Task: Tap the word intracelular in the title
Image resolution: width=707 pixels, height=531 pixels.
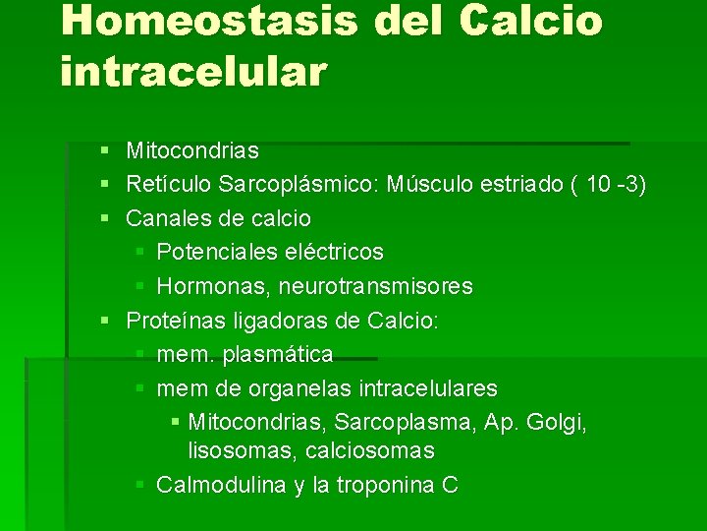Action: click(x=192, y=72)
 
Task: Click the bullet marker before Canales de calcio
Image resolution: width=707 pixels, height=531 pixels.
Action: click(x=104, y=218)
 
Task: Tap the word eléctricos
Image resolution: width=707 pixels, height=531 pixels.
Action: click(x=334, y=253)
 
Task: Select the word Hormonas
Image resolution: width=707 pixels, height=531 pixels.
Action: click(x=212, y=287)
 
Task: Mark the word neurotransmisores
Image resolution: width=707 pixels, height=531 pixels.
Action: click(x=376, y=287)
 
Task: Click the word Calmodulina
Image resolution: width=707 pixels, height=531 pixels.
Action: click(x=221, y=485)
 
